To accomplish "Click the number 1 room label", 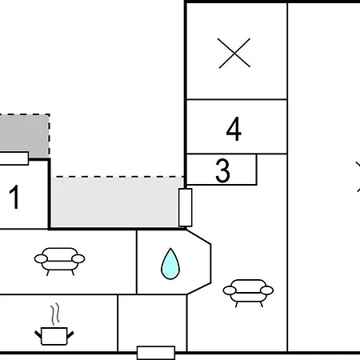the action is [14, 197].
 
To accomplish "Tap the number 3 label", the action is [222, 170].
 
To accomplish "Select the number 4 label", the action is [234, 129].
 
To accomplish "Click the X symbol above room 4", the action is [234, 53].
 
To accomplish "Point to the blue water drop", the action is [170, 264].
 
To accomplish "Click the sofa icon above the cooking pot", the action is [59, 261].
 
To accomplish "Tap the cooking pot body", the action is [54, 336].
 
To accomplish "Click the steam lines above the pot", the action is [55, 314].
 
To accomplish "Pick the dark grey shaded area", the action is [25, 134].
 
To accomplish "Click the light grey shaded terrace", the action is [115, 202].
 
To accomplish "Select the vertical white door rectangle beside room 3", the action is [186, 207].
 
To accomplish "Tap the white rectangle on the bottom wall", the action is [156, 353].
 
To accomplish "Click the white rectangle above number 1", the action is [14, 158].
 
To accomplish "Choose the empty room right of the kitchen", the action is [152, 323].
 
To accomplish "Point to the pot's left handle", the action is [38, 334].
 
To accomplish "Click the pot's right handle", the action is [70, 335].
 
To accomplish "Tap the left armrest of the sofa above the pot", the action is [41, 258].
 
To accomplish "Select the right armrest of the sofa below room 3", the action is [266, 290].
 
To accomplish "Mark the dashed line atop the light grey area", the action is [120, 177].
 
